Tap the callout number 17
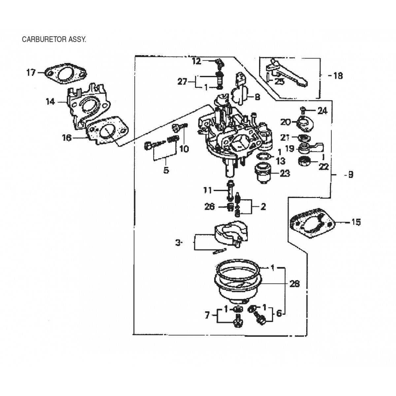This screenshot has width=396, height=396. pos(31,72)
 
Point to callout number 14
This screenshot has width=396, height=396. pos(50,102)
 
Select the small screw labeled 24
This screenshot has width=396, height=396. pos(303,109)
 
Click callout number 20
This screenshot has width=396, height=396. pos(285,122)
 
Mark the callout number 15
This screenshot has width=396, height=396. pos(355,222)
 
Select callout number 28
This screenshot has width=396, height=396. pos(294,283)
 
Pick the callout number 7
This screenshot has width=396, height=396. pos(207,316)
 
